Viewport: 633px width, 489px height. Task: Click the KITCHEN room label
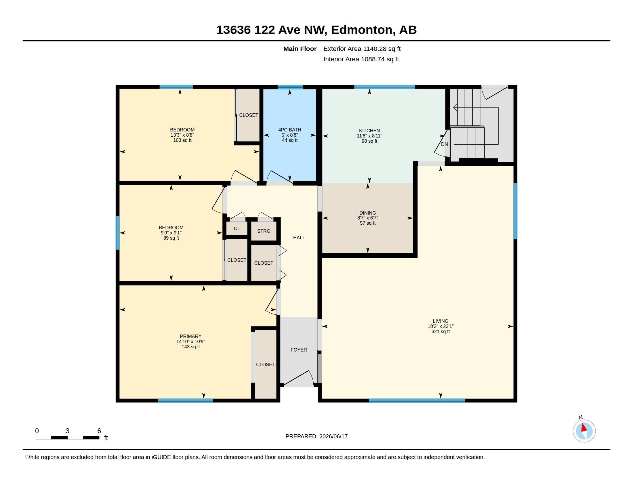pyautogui.click(x=369, y=131)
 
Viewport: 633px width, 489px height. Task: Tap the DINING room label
pyautogui.click(x=367, y=213)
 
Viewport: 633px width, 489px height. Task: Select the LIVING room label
pyautogui.click(x=441, y=321)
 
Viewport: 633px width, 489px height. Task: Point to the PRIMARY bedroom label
pyautogui.click(x=191, y=336)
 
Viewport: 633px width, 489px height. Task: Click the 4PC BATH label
pyautogui.click(x=289, y=130)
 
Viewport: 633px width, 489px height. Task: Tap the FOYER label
pyautogui.click(x=299, y=350)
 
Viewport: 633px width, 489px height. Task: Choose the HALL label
pyautogui.click(x=299, y=238)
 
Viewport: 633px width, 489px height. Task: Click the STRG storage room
pyautogui.click(x=264, y=231)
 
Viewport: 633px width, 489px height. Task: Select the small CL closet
pyautogui.click(x=237, y=228)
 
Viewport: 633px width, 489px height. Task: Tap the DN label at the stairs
pyautogui.click(x=444, y=144)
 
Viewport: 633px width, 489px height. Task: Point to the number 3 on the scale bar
pyautogui.click(x=68, y=431)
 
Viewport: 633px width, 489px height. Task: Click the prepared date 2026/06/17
pyautogui.click(x=333, y=436)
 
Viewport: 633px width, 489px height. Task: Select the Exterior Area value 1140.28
pyautogui.click(x=375, y=49)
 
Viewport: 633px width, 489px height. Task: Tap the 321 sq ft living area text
pyautogui.click(x=441, y=331)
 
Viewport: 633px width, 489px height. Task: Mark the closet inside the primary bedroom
pyautogui.click(x=266, y=364)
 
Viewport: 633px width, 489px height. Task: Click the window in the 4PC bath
pyautogui.click(x=290, y=87)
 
